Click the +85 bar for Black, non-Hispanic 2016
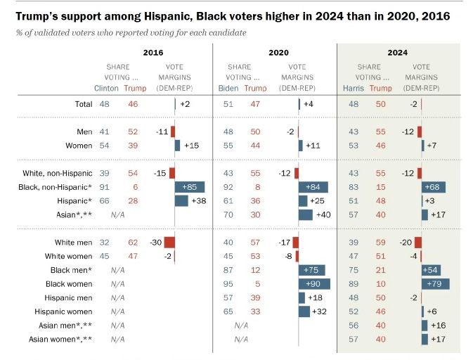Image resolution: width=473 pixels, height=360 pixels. [x=190, y=186]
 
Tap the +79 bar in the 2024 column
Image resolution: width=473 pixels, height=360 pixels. [x=435, y=283]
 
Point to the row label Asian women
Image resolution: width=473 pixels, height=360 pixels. [x=60, y=339]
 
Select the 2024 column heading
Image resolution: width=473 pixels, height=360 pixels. [x=399, y=52]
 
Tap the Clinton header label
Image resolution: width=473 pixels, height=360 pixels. [x=106, y=89]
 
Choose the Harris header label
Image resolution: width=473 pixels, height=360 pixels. [x=353, y=89]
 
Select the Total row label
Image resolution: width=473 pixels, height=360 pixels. [x=83, y=103]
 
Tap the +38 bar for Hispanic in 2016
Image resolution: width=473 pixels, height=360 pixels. [x=181, y=200]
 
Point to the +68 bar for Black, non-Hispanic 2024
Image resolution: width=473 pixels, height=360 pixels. [x=434, y=186]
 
